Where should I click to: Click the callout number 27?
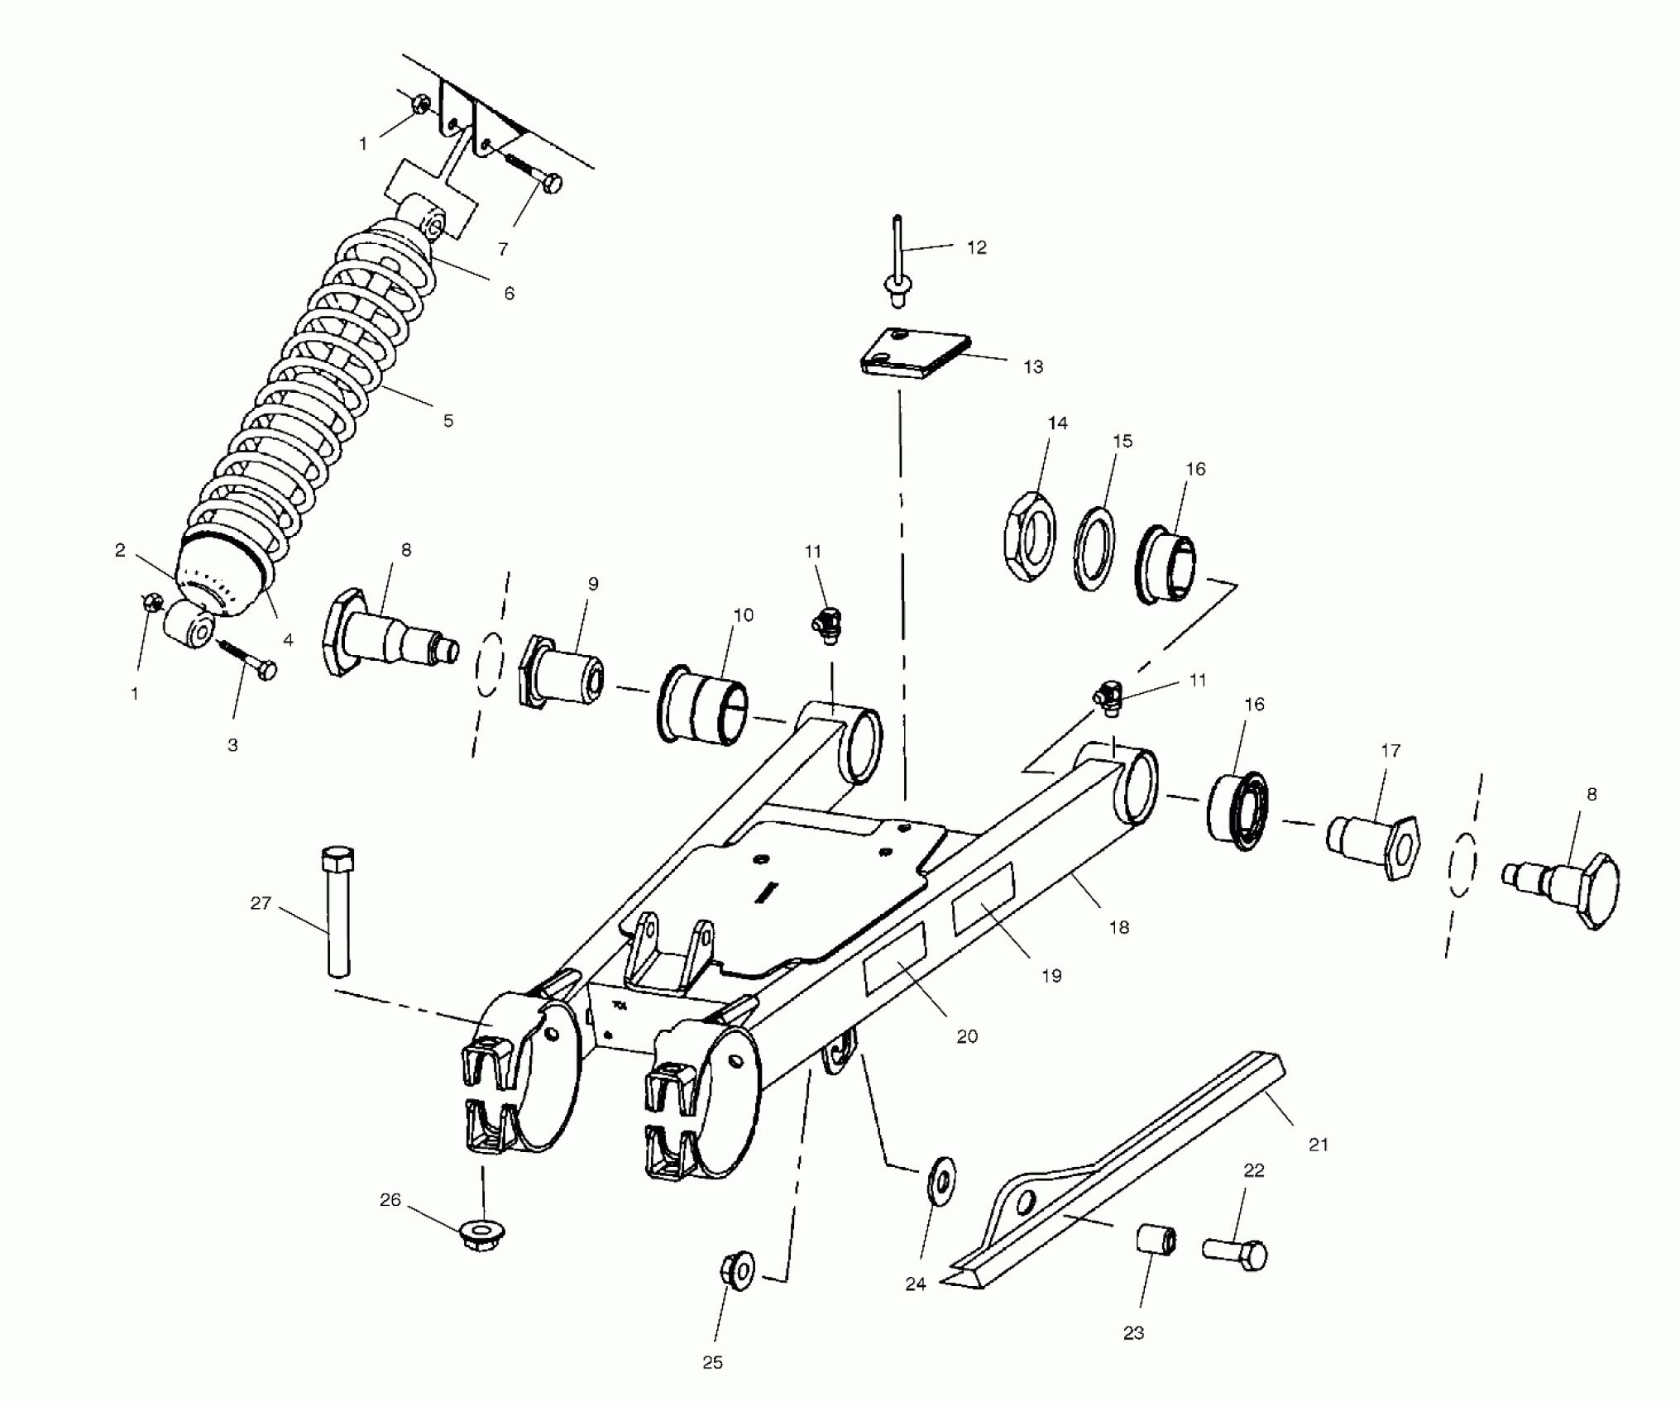pos(261,903)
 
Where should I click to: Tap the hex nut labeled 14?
pos(1031,535)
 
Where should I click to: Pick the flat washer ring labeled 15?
pos(1094,548)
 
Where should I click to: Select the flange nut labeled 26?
pos(477,1235)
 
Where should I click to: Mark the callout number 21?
pos(1318,1145)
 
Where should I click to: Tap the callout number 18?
pos(1118,927)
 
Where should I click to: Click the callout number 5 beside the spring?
pos(448,420)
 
